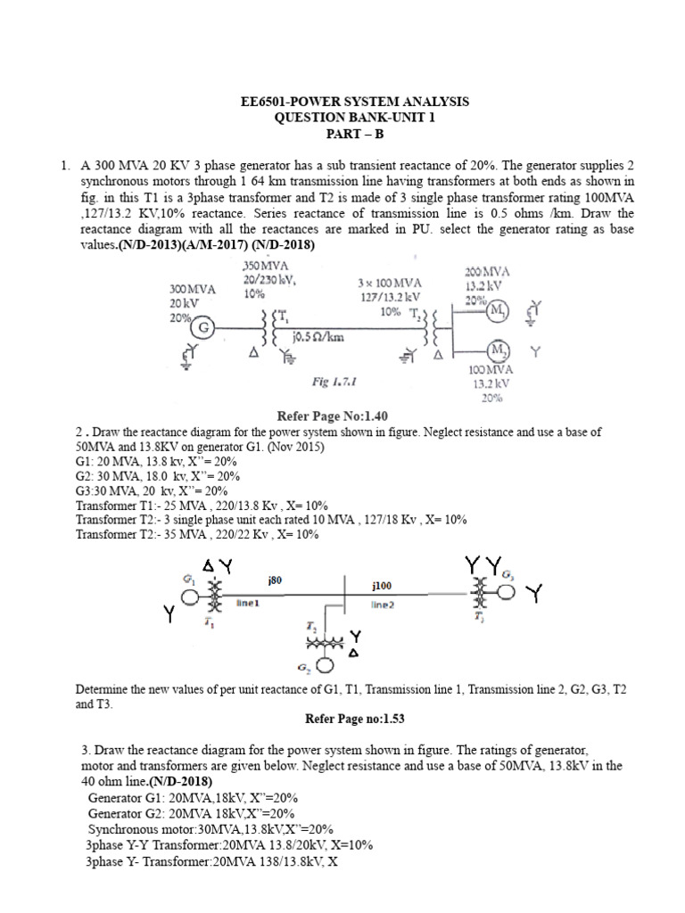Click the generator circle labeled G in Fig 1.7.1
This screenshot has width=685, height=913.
[204, 327]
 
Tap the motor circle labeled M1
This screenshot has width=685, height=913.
[498, 311]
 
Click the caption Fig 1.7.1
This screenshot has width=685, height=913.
[334, 381]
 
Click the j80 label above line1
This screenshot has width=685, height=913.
[275, 580]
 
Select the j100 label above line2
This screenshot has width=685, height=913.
[382, 586]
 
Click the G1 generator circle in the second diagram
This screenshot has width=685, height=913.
[190, 596]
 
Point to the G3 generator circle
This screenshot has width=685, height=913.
[507, 593]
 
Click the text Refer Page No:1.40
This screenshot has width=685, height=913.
[334, 415]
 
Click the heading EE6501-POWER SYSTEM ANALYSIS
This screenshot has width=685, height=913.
[342, 103]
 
